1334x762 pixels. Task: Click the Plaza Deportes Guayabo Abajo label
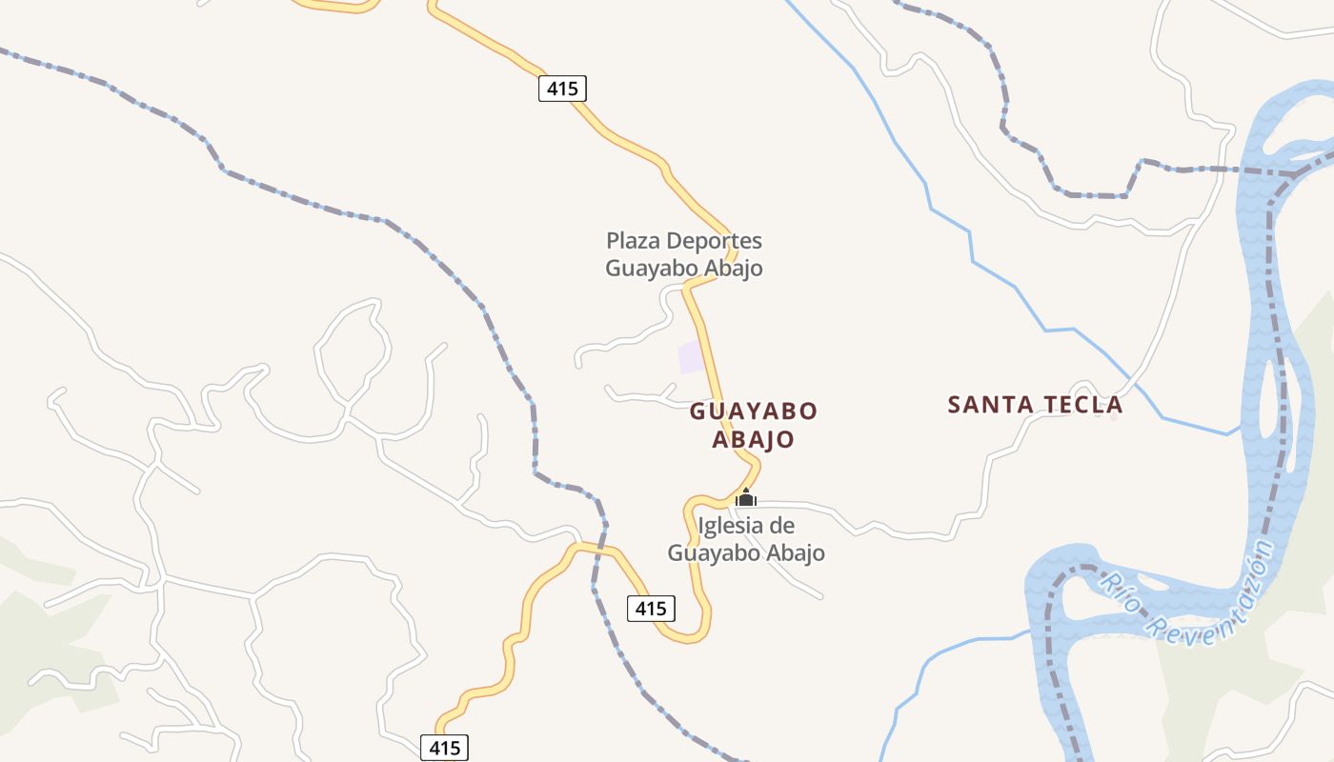click(x=684, y=254)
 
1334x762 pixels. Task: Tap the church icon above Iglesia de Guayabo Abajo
click(x=746, y=498)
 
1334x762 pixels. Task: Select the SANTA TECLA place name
click(x=1035, y=405)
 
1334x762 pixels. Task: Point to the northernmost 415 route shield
click(x=562, y=89)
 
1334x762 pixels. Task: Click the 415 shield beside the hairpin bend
click(x=651, y=608)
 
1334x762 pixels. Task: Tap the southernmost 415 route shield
click(x=444, y=748)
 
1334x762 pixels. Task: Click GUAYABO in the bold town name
click(x=754, y=411)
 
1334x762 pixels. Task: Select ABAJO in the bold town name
click(x=754, y=440)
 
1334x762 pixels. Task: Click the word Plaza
click(x=634, y=241)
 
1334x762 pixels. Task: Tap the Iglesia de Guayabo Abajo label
click(x=746, y=539)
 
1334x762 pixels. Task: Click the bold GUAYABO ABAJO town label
click(x=754, y=426)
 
